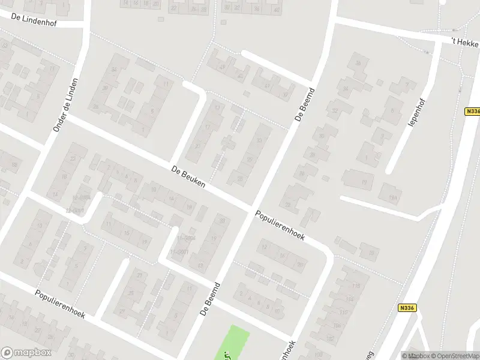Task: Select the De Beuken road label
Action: [188, 177]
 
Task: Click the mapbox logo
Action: [26, 353]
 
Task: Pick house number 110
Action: [343, 313]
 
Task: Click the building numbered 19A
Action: [392, 197]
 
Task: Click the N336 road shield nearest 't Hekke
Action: [472, 112]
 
